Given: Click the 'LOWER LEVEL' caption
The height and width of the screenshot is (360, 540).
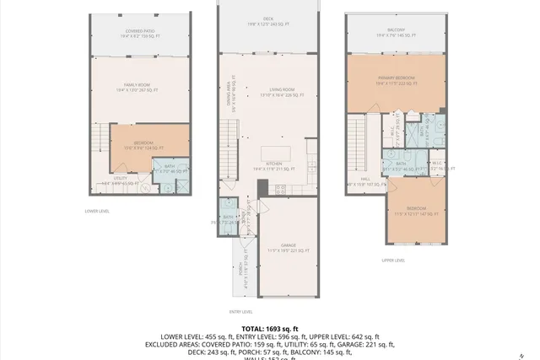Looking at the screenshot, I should pos(98,211).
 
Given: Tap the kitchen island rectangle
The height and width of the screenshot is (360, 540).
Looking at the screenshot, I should pos(281,153).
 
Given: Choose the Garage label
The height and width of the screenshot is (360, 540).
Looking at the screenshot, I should pos(289,248).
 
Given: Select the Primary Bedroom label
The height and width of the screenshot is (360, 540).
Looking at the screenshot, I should pos(396,79).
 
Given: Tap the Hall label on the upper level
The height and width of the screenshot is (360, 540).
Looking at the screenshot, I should pos(364,180).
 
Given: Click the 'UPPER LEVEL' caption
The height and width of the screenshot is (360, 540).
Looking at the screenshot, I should pos(393,261).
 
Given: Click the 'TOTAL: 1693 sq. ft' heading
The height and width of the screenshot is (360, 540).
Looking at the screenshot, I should pos(269,328).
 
